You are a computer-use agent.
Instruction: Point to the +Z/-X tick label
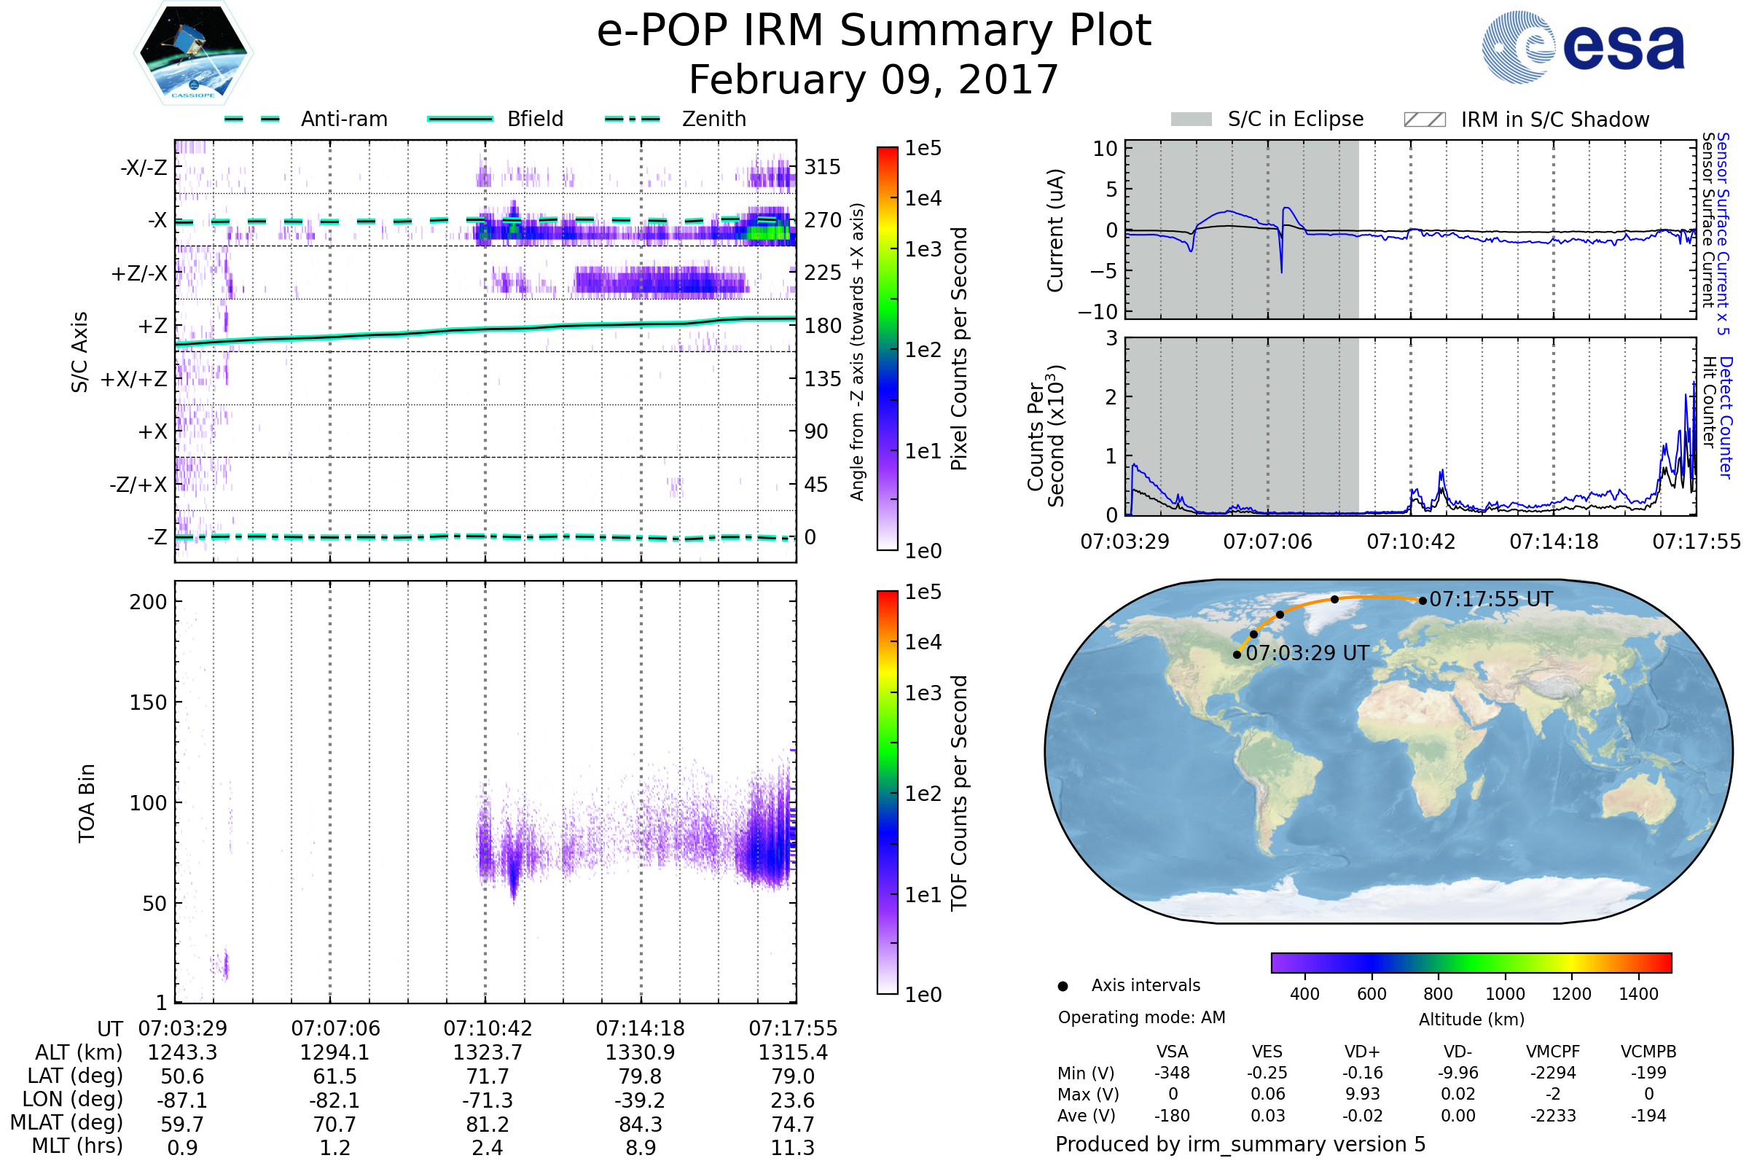139,274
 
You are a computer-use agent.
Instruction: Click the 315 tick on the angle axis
823,167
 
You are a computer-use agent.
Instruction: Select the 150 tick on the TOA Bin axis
148,703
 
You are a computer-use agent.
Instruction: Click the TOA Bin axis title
86,803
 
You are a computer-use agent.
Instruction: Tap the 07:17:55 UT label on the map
1490,599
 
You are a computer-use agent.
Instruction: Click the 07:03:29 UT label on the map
1307,654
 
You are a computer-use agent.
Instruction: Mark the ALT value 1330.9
640,1053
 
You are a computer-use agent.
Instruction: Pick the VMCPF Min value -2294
1553,1073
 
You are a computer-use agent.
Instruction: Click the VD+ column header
1362,1052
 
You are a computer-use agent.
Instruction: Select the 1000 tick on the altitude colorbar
1504,994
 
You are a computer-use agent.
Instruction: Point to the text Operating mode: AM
1141,1017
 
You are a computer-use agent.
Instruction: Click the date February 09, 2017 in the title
873,79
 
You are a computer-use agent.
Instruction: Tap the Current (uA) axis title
1055,230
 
